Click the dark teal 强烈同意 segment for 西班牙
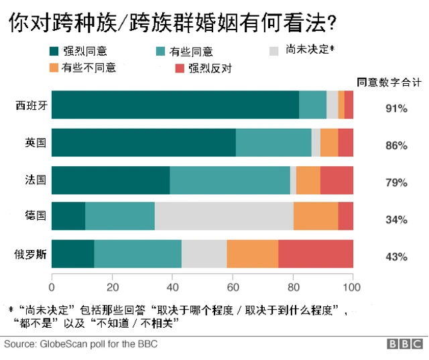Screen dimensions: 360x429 tap(175, 105)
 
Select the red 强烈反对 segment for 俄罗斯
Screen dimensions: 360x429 tap(316, 254)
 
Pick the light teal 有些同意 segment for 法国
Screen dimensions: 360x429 tap(230, 180)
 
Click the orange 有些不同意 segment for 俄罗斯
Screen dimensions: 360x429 tap(252, 254)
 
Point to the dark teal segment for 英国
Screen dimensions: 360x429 tap(143, 142)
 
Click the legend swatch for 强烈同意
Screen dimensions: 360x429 tap(54, 51)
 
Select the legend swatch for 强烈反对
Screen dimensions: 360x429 tap(178, 68)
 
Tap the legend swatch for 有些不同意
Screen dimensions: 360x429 tap(54, 68)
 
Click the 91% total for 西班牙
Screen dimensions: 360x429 tap(396, 108)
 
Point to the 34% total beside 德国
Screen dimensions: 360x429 tap(396, 219)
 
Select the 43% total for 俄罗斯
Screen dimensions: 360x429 tap(396, 257)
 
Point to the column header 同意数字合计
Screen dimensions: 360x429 tap(389, 82)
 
